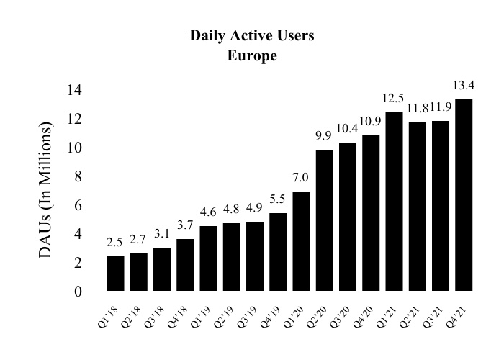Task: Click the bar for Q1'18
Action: point(115,274)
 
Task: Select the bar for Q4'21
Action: point(464,195)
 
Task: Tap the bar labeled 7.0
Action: point(301,241)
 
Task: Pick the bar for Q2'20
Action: point(324,220)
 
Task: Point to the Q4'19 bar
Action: point(278,252)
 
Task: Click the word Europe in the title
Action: point(252,56)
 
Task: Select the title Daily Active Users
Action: point(252,35)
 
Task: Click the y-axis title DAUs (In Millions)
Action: point(48,191)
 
